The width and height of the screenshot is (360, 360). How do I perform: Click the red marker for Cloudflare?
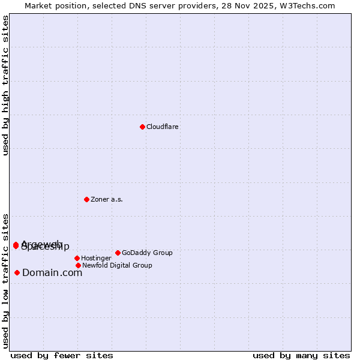click(x=142, y=127)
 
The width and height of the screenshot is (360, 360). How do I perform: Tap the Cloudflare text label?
click(x=163, y=127)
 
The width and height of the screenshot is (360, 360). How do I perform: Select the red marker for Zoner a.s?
click(x=86, y=199)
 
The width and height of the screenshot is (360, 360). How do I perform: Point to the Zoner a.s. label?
click(x=107, y=200)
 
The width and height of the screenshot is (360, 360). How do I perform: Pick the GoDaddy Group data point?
click(x=118, y=253)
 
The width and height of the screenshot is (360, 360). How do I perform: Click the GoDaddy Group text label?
click(x=147, y=253)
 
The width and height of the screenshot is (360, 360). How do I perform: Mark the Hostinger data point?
click(x=77, y=258)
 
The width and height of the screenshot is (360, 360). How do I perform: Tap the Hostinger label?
click(x=96, y=259)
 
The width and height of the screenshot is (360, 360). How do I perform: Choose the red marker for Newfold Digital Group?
click(x=78, y=265)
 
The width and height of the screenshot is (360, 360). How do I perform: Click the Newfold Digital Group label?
click(x=117, y=266)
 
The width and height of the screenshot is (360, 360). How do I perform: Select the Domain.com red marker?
click(x=17, y=272)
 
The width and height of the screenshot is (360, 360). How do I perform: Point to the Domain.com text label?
click(x=52, y=273)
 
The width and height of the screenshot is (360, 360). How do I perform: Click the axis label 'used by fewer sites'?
click(x=62, y=355)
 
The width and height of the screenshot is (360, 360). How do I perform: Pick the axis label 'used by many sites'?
click(x=301, y=355)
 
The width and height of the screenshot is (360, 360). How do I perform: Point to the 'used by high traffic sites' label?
click(x=6, y=85)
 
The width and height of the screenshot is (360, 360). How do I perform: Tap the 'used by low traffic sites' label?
click(x=6, y=281)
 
